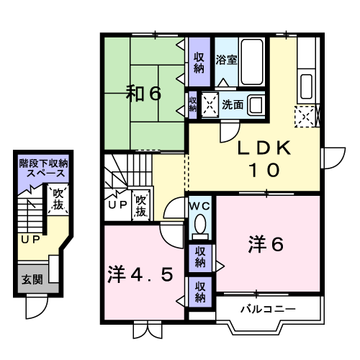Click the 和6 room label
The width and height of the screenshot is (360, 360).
coord(143,94)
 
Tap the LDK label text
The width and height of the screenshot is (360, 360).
coord(264,148)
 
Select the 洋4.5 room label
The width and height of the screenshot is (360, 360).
coord(140,274)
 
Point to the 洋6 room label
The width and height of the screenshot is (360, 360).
coord(266,244)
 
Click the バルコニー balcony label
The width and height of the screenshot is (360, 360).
coord(268,309)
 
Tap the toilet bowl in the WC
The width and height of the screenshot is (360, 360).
coord(200,224)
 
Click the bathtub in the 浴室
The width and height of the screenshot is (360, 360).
coord(252,62)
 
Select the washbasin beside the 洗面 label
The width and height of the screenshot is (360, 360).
coord(256,105)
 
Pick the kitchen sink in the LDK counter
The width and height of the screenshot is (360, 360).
coord(306,86)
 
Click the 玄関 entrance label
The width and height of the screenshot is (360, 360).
coord(32,279)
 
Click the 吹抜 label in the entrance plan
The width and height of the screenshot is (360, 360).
coord(58,199)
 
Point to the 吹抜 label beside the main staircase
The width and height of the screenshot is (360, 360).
coord(141,206)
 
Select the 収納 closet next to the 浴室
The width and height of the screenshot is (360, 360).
coord(199,62)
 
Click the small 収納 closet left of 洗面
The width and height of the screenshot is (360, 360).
coord(192,104)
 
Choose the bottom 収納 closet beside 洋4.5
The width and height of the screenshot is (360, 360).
coord(200,292)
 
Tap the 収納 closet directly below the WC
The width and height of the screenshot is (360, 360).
coord(200,258)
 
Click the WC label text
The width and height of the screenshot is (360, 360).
coord(200,206)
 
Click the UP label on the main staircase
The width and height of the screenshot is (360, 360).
coord(117,204)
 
